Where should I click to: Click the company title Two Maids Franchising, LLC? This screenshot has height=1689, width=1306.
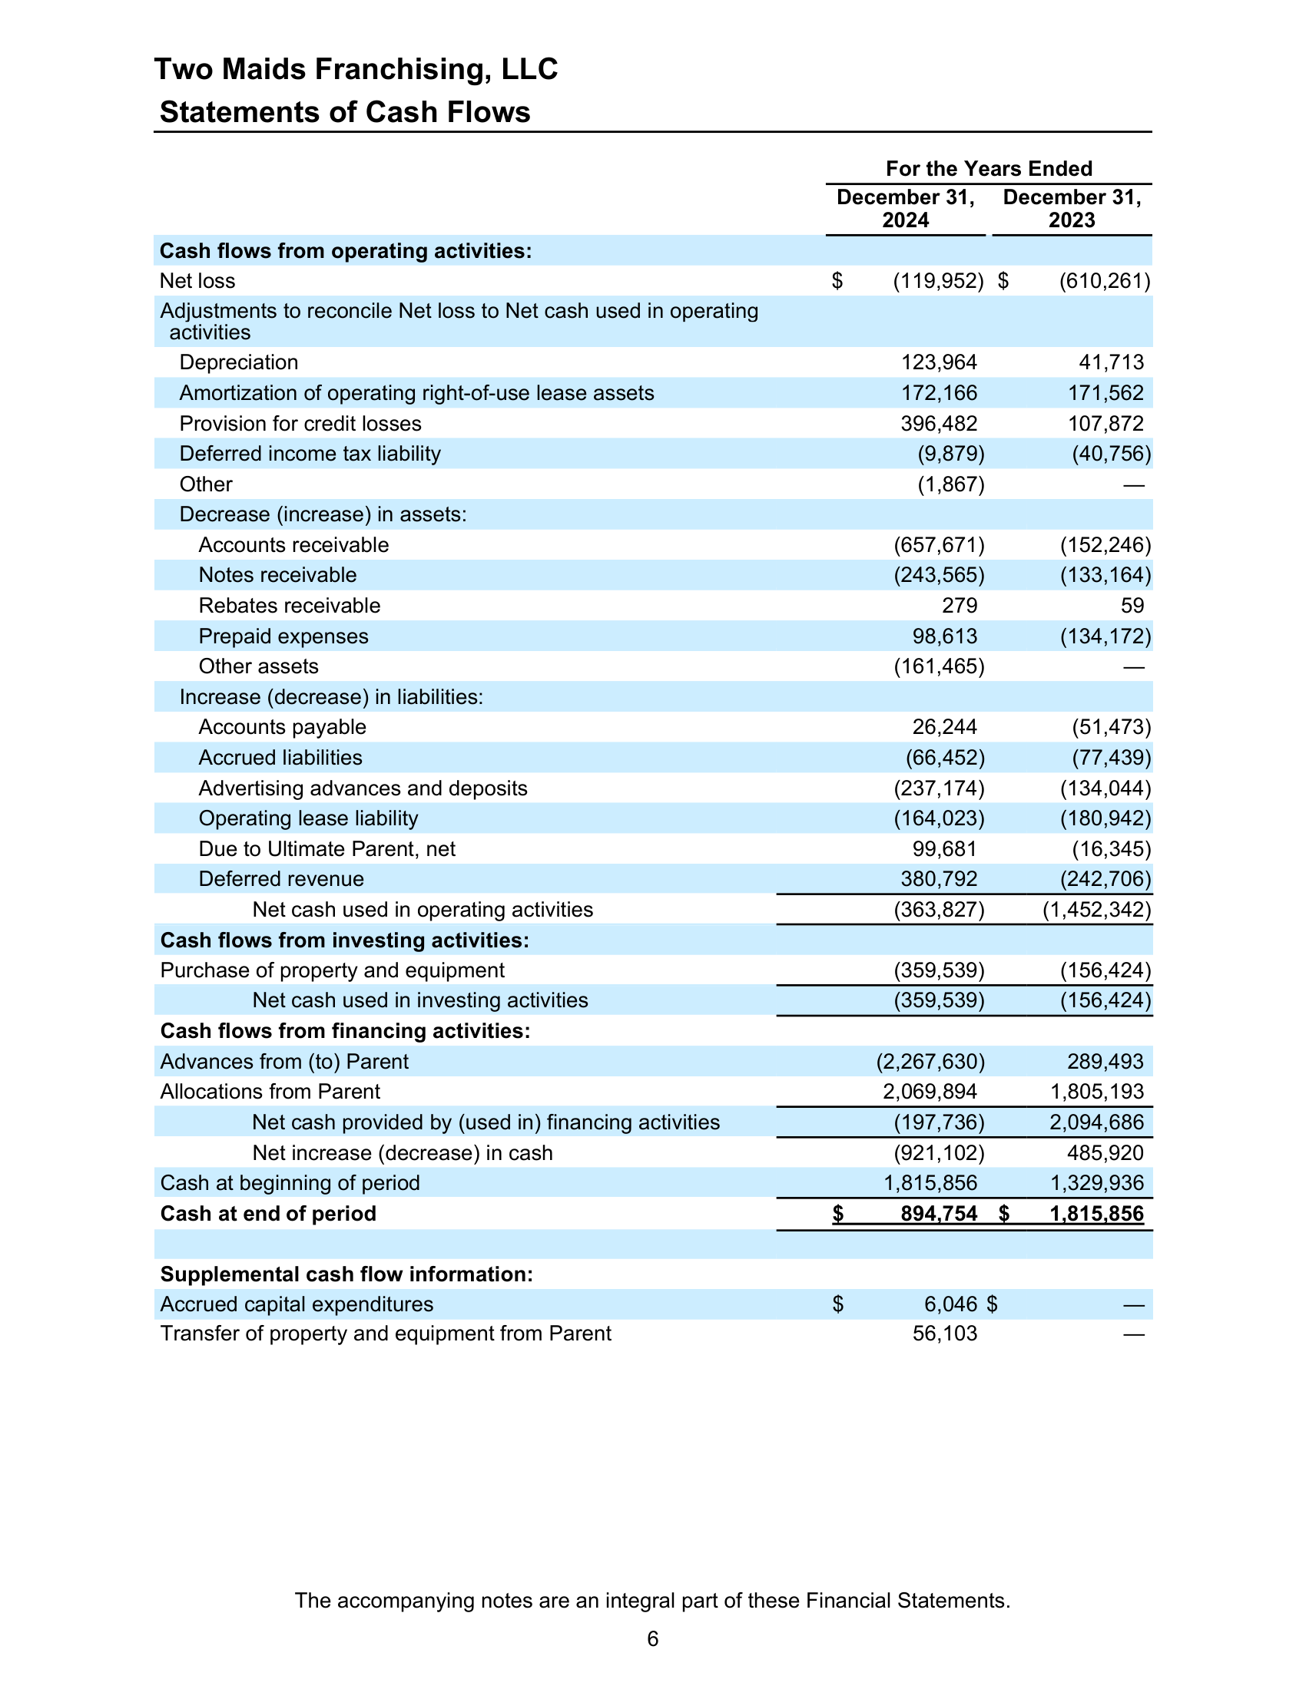pyautogui.click(x=356, y=70)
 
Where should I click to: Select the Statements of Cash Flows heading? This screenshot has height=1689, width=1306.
pyautogui.click(x=345, y=113)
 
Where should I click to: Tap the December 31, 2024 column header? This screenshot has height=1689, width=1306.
pyautogui.click(x=905, y=209)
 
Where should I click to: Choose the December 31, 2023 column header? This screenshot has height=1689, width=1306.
pyautogui.click(x=1072, y=209)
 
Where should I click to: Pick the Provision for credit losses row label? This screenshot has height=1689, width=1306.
pyautogui.click(x=300, y=424)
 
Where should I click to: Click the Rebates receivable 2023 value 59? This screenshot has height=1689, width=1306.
pyautogui.click(x=1132, y=606)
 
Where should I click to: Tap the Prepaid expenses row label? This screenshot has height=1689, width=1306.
pyautogui.click(x=283, y=636)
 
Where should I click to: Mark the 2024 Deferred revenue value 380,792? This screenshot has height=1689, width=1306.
pyautogui.click(x=939, y=879)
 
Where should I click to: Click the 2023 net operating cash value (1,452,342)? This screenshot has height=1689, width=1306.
pyautogui.click(x=1097, y=911)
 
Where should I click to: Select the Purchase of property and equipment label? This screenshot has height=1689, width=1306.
pyautogui.click(x=332, y=970)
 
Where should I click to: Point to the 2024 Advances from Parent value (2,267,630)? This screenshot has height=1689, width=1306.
pyautogui.click(x=930, y=1062)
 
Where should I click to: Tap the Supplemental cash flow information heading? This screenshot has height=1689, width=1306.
pyautogui.click(x=346, y=1274)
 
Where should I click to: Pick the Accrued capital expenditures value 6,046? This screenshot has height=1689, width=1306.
pyautogui.click(x=951, y=1304)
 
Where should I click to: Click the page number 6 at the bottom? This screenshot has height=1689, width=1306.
pyautogui.click(x=653, y=1639)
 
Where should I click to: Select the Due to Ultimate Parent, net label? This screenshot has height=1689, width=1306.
pyautogui.click(x=326, y=849)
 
